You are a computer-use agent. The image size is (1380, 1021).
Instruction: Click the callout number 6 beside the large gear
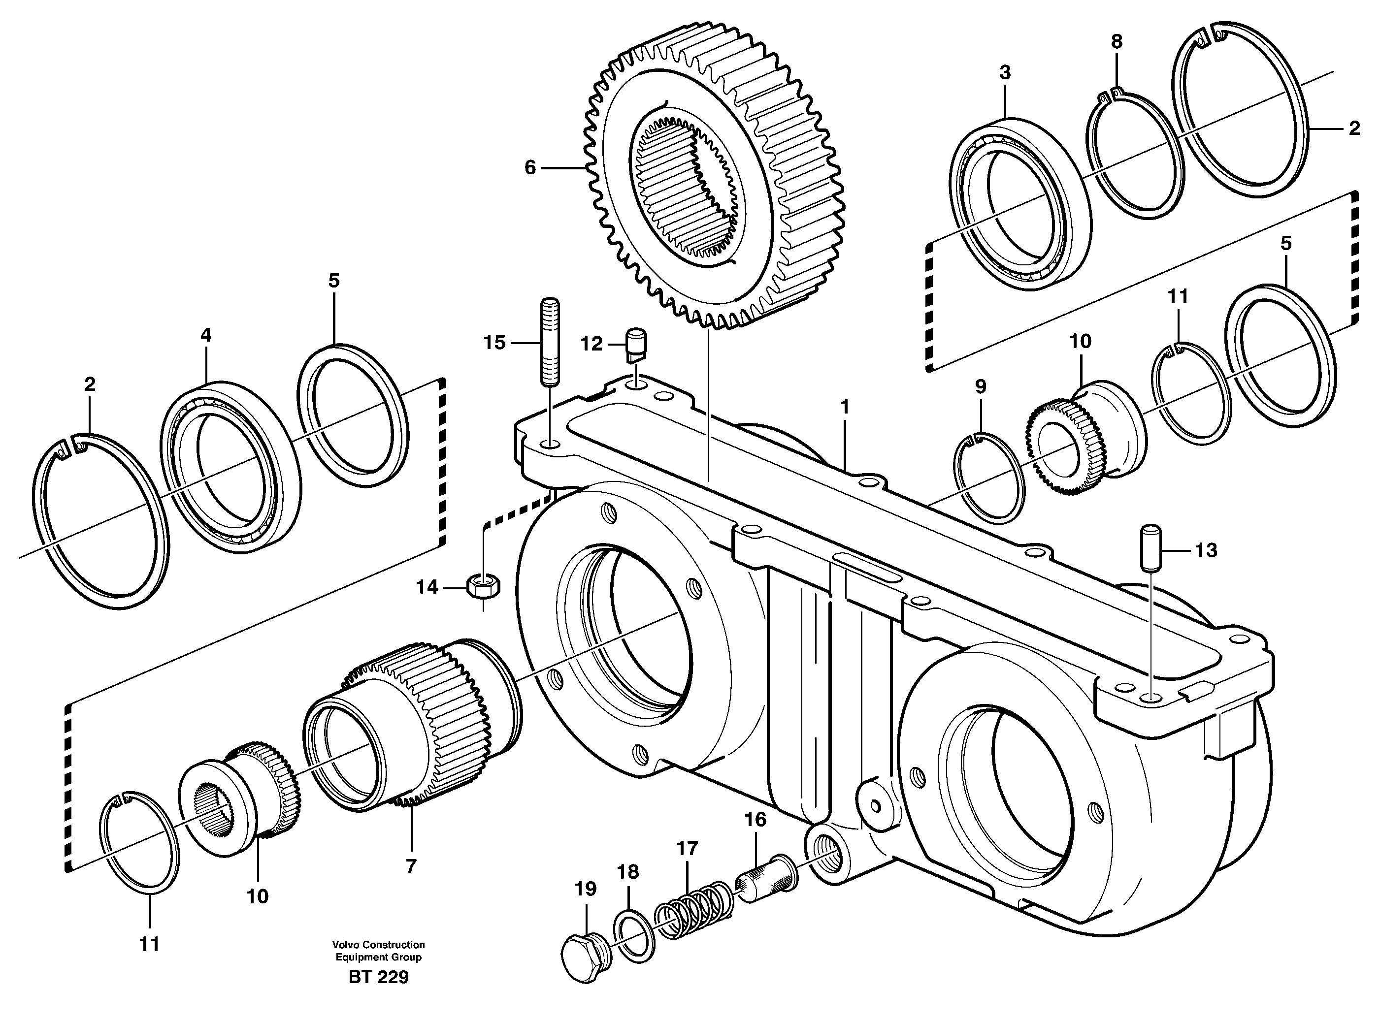(530, 167)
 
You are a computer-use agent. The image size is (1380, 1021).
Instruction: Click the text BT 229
(378, 994)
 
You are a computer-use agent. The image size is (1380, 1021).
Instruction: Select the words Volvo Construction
(378, 944)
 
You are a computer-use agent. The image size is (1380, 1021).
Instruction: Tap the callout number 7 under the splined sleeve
(411, 866)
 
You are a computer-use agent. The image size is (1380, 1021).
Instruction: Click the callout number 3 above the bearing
(1005, 72)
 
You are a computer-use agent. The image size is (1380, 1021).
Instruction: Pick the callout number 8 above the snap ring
(1116, 42)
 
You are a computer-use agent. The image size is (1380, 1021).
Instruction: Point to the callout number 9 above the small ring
(981, 387)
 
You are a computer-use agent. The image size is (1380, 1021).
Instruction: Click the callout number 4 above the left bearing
(206, 335)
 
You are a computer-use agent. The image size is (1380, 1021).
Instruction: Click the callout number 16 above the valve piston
(755, 820)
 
